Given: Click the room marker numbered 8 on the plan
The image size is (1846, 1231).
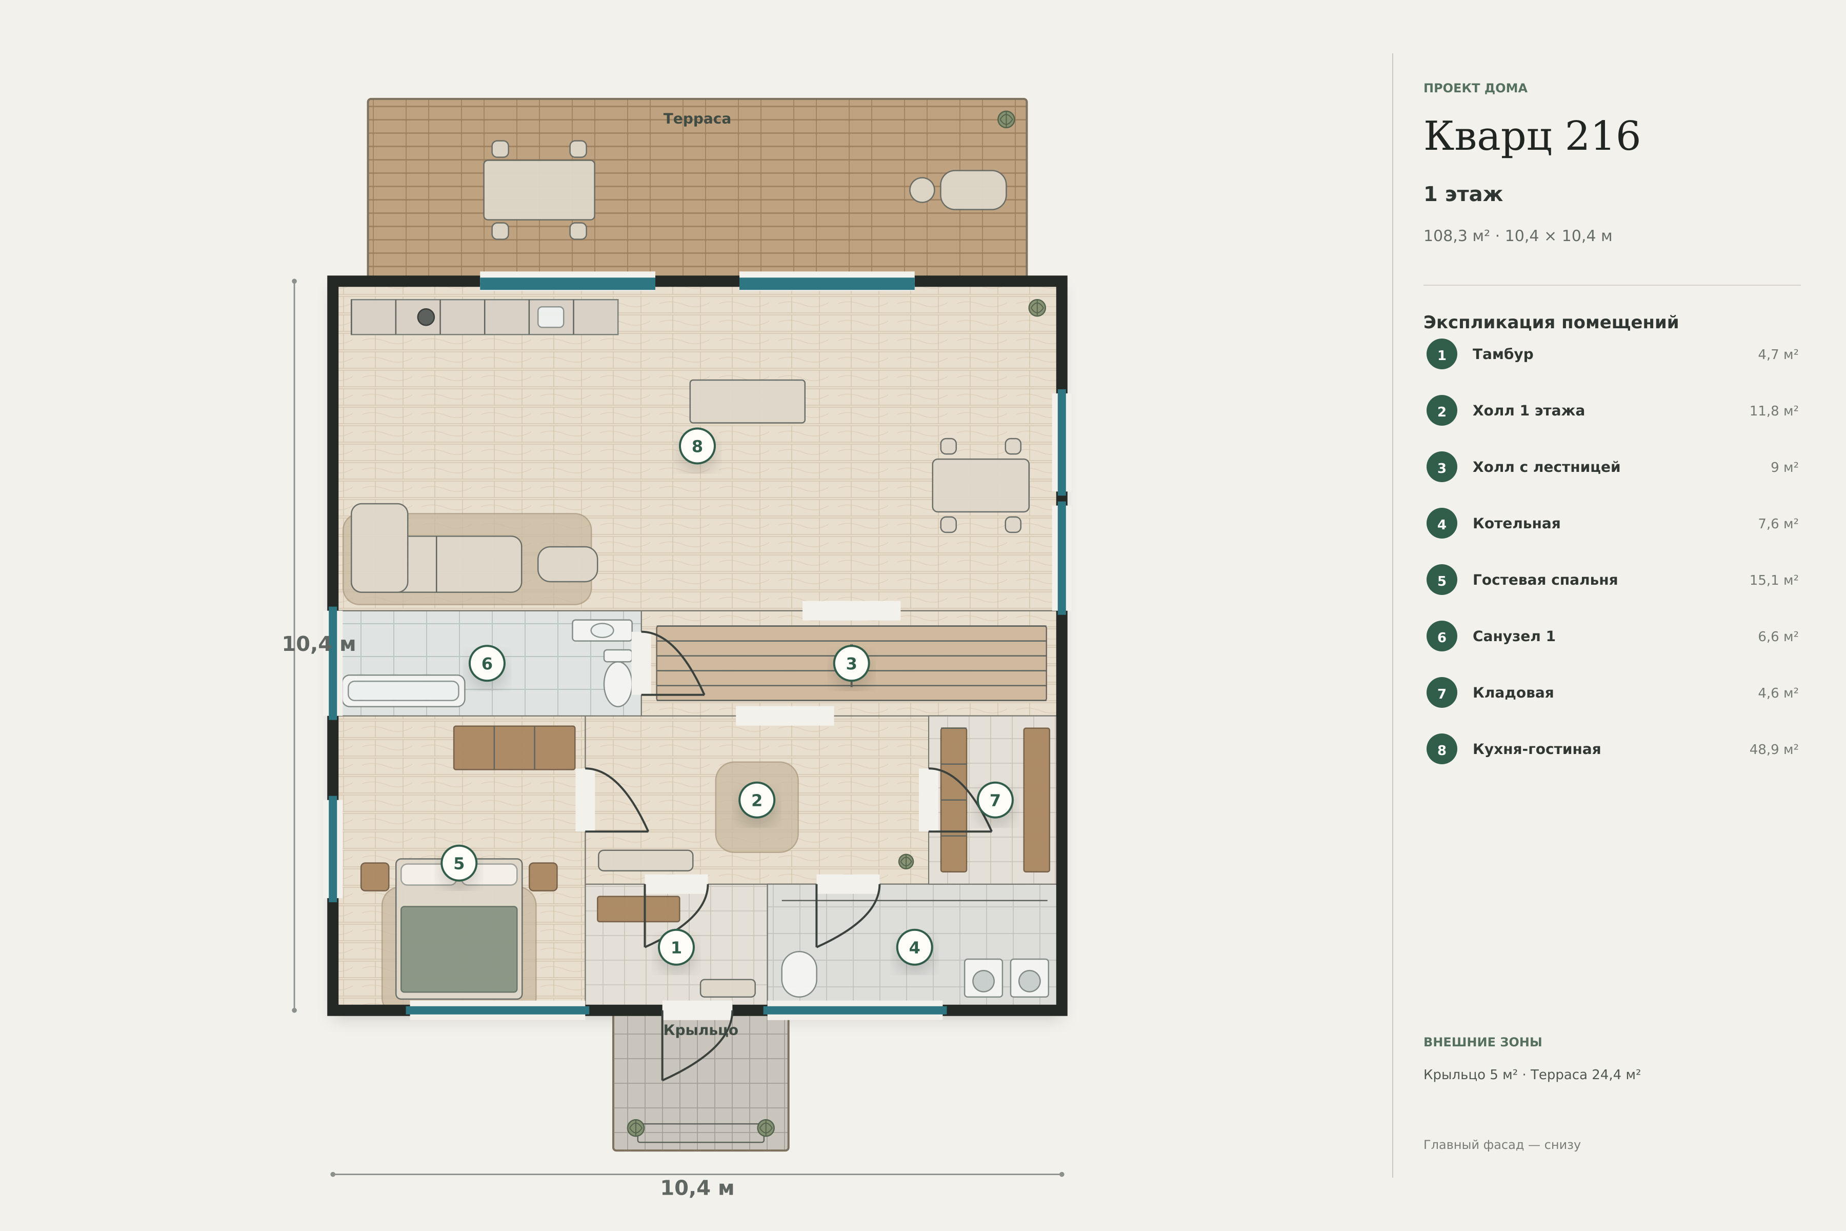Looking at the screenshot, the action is click(x=697, y=446).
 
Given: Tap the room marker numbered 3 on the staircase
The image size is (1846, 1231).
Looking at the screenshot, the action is click(x=852, y=663).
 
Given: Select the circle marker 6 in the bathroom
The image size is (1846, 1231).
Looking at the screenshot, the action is click(x=487, y=663).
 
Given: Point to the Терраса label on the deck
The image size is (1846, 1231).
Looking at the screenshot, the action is click(x=697, y=118).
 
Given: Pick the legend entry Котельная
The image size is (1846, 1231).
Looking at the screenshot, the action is click(x=1516, y=524).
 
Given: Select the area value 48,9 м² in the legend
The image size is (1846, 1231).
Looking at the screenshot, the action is click(x=1774, y=749).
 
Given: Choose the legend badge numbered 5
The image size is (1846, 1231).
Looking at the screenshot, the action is click(x=1442, y=580).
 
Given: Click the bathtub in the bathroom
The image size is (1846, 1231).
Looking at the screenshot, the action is click(x=404, y=691).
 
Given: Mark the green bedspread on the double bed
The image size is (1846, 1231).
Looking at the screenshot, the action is click(x=459, y=949).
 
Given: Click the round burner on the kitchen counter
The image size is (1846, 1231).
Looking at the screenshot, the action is click(x=426, y=317).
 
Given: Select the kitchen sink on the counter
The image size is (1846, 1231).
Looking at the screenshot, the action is click(x=551, y=317).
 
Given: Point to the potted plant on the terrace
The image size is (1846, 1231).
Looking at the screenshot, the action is click(x=1006, y=120).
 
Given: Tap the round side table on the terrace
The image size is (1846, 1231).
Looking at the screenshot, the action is click(x=922, y=190).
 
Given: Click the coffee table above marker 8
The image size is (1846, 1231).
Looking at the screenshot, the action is click(x=747, y=401).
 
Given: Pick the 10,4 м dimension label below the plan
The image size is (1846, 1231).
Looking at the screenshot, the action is click(x=697, y=1188).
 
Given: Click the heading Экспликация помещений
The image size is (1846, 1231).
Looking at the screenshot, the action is click(x=1551, y=323).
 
